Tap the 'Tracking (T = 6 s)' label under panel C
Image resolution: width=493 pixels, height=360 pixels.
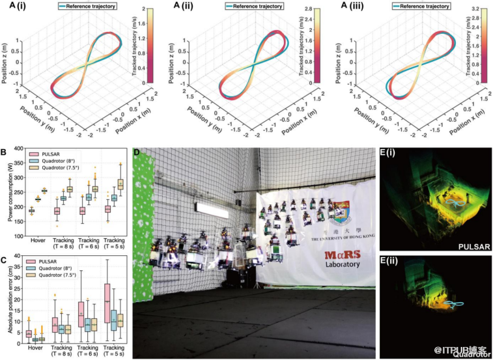click(x=89, y=352)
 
